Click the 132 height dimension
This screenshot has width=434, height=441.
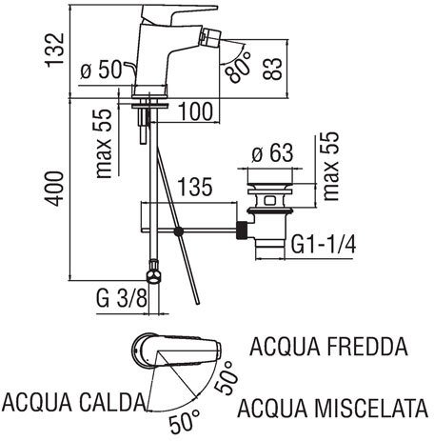[x=55, y=50]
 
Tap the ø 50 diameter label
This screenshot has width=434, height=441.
[x=101, y=70]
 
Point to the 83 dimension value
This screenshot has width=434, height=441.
[x=272, y=69]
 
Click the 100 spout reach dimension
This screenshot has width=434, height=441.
[x=196, y=111]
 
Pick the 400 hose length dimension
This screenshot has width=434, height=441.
[x=54, y=189]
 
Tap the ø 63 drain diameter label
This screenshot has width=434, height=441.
[x=273, y=153]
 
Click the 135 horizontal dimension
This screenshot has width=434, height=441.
[x=194, y=187]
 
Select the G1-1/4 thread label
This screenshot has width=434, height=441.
[x=324, y=244]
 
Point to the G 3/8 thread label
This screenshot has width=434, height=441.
[x=122, y=298]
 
